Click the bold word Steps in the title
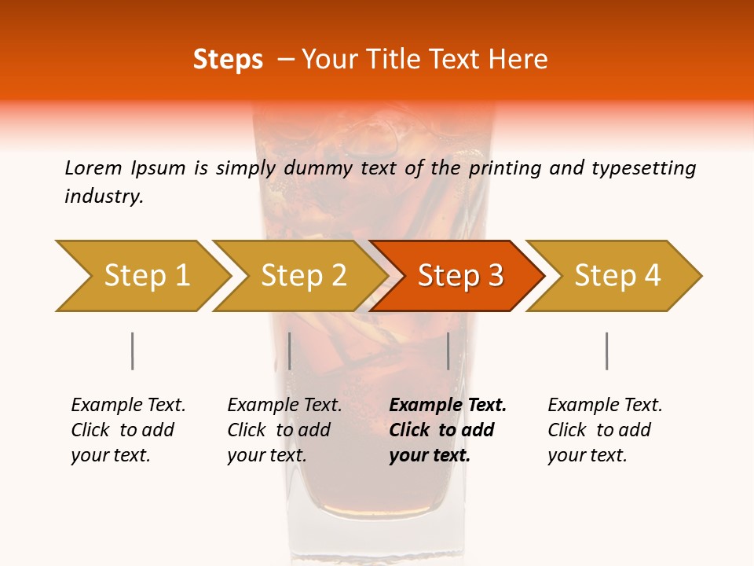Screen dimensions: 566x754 click(x=228, y=60)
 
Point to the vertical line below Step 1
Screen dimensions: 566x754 click(x=132, y=351)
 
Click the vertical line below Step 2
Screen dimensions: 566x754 click(x=290, y=351)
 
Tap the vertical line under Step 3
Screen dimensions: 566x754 click(x=448, y=351)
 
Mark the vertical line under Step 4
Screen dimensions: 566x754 click(x=606, y=351)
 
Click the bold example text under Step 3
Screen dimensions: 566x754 click(x=447, y=430)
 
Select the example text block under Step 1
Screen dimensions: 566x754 click(x=128, y=430)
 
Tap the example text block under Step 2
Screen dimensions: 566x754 click(x=284, y=430)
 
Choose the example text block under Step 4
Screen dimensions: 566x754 click(x=605, y=430)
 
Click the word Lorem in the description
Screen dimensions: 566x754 click(x=93, y=168)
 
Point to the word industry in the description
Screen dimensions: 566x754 click(x=104, y=197)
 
